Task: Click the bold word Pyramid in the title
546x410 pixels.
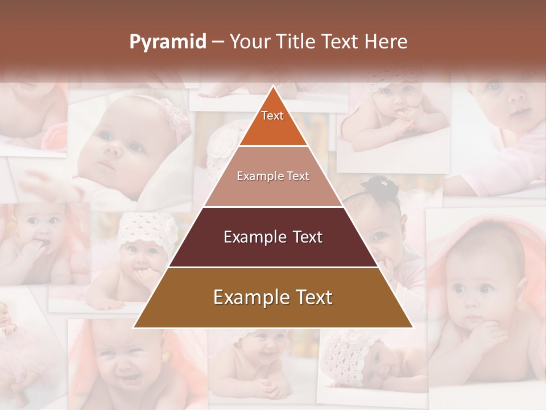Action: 168,42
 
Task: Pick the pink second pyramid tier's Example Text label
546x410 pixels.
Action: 273,177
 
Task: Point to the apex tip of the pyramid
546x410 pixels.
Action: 273,87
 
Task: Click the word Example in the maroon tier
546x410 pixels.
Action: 249,237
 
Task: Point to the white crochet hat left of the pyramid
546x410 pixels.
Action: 147,231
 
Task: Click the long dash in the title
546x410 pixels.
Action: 218,42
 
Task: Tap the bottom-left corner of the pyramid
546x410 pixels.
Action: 134,327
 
